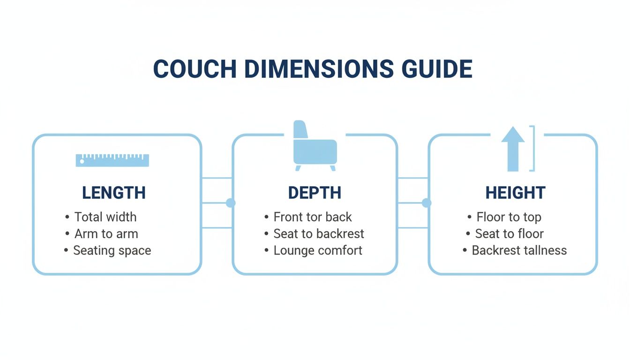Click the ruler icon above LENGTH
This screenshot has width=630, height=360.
click(112, 160)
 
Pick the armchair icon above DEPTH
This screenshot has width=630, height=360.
click(315, 146)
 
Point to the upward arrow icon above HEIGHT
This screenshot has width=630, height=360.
click(513, 149)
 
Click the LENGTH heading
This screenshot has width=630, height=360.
click(113, 193)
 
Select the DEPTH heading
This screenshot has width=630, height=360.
click(315, 193)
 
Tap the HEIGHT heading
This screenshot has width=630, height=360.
click(515, 193)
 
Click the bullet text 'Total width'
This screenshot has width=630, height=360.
click(105, 217)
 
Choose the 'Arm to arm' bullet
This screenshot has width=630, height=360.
click(106, 233)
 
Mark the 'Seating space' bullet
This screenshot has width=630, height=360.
click(112, 250)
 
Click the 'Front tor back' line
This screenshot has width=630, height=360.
click(313, 217)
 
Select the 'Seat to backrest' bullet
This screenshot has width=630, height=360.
click(319, 233)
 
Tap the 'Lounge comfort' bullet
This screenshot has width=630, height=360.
click(318, 250)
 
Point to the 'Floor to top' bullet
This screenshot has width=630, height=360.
click(509, 217)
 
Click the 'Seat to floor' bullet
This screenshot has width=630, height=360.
click(510, 233)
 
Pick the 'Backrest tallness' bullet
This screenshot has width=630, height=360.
click(519, 250)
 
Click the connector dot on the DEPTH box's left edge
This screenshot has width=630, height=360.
click(231, 203)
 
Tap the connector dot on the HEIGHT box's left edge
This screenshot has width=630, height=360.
click(427, 203)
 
